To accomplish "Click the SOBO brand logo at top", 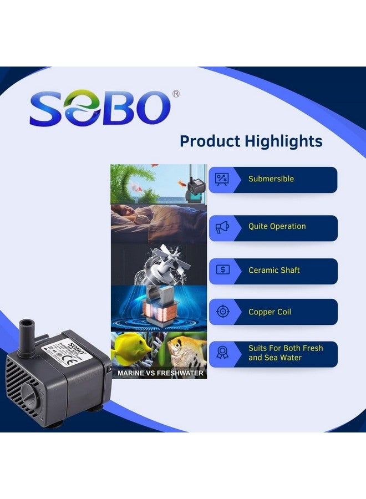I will (100, 108).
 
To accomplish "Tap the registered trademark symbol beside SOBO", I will (176, 94).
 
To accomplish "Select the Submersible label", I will (271, 179).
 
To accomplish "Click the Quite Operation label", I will (277, 226).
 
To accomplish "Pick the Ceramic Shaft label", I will (274, 270).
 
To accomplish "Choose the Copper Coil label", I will (270, 312).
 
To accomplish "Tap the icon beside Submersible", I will (222, 179).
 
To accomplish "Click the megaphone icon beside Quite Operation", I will (222, 227).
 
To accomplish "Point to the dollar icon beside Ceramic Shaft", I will (222, 270).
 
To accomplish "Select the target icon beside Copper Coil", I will (222, 312).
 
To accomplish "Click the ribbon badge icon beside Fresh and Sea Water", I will (222, 353).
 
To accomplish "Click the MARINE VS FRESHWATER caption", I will (160, 373).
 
